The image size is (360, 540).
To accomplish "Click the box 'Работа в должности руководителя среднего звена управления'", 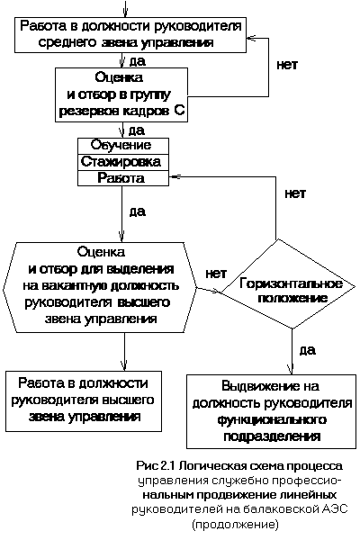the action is point(130,35).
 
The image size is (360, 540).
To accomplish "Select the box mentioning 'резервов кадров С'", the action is point(121,94).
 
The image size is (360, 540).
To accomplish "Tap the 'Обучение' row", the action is point(123,146).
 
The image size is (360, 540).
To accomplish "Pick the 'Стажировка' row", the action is point(123,162).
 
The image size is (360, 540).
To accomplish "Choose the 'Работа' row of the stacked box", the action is point(123,178).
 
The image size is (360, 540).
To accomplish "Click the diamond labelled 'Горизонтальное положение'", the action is point(289,284).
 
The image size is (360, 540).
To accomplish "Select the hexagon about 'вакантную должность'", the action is point(100,287).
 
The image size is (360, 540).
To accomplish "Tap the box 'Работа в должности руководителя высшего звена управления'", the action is point(84,401).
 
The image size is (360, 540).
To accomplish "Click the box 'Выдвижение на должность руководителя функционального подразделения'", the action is point(271,411).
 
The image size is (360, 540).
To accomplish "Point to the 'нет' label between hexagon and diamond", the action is point(216,274).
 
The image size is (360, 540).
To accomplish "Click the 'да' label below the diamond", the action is point(308,350).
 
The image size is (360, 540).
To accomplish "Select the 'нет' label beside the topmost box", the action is point(287,65).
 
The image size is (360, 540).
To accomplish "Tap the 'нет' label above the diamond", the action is point(295,193).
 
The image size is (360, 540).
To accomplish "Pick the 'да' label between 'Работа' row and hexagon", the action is point(137,211).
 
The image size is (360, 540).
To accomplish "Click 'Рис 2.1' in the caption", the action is point(157,466).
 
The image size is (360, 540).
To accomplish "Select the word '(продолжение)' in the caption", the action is point(235,524).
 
